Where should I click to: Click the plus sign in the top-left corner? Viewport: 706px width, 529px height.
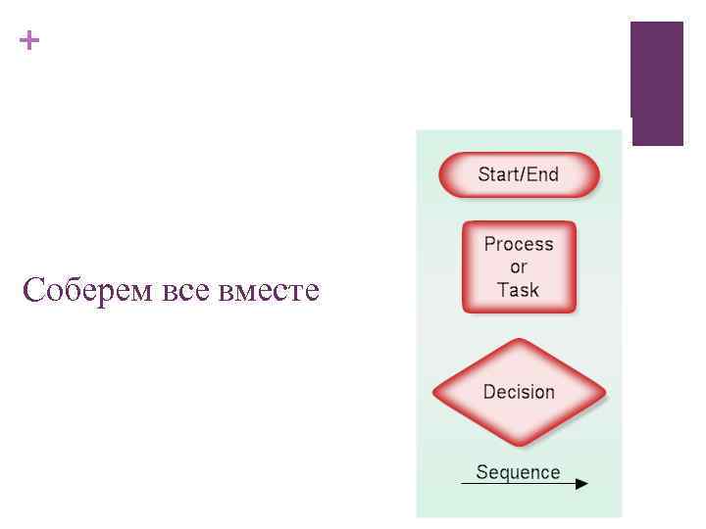pyautogui.click(x=30, y=41)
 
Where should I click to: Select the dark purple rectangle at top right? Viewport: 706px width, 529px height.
pyautogui.click(x=656, y=83)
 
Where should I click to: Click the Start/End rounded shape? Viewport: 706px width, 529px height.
pyautogui.click(x=518, y=175)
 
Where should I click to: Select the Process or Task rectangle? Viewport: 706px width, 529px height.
pyautogui.click(x=519, y=266)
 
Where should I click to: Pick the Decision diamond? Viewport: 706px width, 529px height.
pyautogui.click(x=519, y=392)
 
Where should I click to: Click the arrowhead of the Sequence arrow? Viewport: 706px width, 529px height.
pyautogui.click(x=581, y=483)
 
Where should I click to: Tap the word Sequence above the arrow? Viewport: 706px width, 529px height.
pyautogui.click(x=518, y=471)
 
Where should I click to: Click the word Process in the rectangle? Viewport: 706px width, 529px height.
pyautogui.click(x=519, y=244)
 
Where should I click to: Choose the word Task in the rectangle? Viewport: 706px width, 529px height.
pyautogui.click(x=519, y=290)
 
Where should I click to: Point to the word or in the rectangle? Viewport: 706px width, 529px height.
pyautogui.click(x=519, y=266)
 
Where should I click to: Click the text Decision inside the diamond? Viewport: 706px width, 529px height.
pyautogui.click(x=519, y=392)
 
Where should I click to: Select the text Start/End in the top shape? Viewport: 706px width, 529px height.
pyautogui.click(x=518, y=175)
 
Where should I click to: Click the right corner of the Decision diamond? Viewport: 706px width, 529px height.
pyautogui.click(x=604, y=393)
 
